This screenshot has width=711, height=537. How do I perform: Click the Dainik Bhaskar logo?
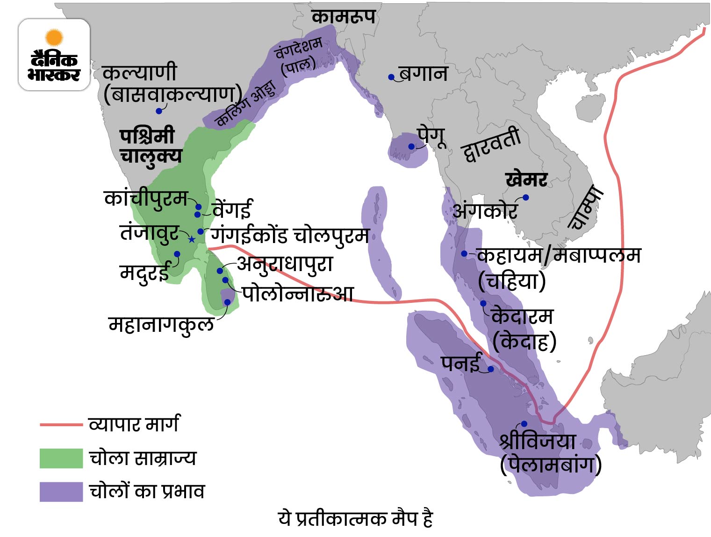click(x=54, y=55)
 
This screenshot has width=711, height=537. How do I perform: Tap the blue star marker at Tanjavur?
click(x=192, y=239)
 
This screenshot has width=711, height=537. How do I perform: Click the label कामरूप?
click(x=344, y=17)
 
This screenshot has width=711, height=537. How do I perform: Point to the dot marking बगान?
click(x=391, y=77)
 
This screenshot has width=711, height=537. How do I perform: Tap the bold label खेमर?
click(x=526, y=179)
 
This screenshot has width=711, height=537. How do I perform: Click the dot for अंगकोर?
click(x=525, y=197)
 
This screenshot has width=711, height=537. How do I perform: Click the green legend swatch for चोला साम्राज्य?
click(x=61, y=458)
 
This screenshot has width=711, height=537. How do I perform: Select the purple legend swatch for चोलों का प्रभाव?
click(x=61, y=492)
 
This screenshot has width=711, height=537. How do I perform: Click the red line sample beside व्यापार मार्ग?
click(x=61, y=425)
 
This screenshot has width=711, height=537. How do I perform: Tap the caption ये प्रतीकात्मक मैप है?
click(x=355, y=519)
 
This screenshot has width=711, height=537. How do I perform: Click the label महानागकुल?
click(x=161, y=324)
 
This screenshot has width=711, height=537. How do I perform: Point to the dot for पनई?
click(x=491, y=369)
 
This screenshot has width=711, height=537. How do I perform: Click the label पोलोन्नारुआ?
click(x=297, y=294)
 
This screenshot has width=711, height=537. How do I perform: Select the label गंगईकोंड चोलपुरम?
click(x=290, y=235)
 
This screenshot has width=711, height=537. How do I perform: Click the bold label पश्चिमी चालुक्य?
click(x=150, y=145)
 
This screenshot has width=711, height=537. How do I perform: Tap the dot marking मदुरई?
click(x=177, y=254)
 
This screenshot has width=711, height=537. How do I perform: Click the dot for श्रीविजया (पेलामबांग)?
click(x=524, y=424)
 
